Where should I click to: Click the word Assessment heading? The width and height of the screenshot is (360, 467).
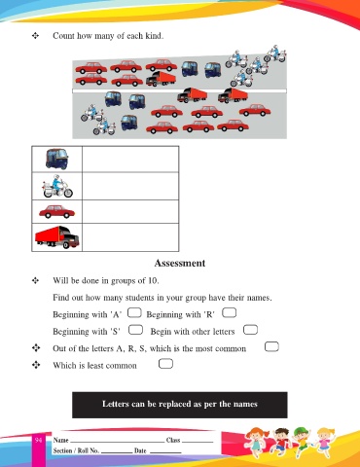tap(180, 263)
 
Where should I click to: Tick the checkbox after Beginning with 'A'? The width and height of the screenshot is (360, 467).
tap(134, 313)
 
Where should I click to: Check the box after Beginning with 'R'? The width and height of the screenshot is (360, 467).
tap(229, 312)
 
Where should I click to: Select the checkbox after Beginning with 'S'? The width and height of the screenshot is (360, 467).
tap(135, 330)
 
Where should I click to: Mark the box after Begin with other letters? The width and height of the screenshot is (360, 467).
tap(250, 330)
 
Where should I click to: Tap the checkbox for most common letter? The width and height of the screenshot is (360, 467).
tap(271, 346)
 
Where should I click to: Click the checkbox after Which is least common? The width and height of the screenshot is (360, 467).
tap(165, 364)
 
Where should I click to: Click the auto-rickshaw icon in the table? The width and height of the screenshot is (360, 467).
tap(57, 159)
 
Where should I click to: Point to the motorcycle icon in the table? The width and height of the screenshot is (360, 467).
tap(57, 186)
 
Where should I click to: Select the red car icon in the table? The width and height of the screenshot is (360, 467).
tap(56, 212)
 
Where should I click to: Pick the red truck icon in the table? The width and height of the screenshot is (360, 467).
tap(57, 237)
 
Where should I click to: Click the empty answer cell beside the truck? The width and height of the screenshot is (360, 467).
tap(130, 237)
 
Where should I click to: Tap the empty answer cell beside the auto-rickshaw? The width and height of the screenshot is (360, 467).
tap(130, 160)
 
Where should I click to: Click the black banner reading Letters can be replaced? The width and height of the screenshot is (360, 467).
tap(180, 405)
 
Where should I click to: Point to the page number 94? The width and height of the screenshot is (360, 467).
tap(38, 440)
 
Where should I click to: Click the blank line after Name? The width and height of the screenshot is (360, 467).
tap(118, 442)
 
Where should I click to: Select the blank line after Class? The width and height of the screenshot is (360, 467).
tap(198, 442)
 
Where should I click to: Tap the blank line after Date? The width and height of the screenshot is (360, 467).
tap(165, 452)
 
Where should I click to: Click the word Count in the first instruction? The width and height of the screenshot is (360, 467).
tap(63, 35)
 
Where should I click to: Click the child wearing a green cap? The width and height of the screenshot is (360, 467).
tap(301, 440)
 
